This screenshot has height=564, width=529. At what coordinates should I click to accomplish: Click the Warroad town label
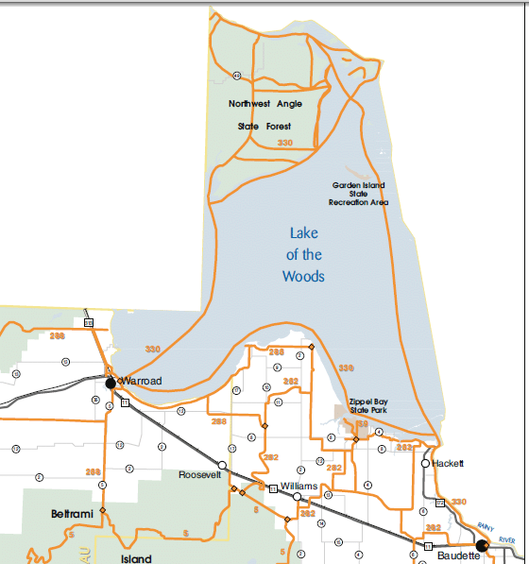point(141,381)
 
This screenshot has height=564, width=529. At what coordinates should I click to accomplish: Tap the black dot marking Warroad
point(111,383)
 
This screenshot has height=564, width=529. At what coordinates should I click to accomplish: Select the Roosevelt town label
point(199,475)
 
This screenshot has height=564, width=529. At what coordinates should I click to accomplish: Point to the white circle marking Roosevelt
point(222,465)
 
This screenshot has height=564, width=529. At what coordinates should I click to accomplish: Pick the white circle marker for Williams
point(297,496)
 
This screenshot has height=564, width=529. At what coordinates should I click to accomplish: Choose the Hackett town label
point(449,464)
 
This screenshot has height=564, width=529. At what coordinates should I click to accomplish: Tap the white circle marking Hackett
point(425,464)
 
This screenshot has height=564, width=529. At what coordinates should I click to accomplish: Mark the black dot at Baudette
point(482,545)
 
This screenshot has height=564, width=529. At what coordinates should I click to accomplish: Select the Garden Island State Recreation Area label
point(358,194)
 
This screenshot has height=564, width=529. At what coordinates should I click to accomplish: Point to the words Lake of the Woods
point(303,254)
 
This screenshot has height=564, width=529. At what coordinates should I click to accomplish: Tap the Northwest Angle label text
point(265,104)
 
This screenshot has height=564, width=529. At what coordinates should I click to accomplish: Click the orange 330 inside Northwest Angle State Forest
point(285,142)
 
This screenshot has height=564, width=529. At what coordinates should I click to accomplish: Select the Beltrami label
point(71,513)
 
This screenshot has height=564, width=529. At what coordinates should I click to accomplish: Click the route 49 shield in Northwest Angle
point(236,76)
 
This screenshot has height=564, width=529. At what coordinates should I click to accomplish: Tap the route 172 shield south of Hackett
point(439,503)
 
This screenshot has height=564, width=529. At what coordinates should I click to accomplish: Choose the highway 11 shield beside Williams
point(273,488)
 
